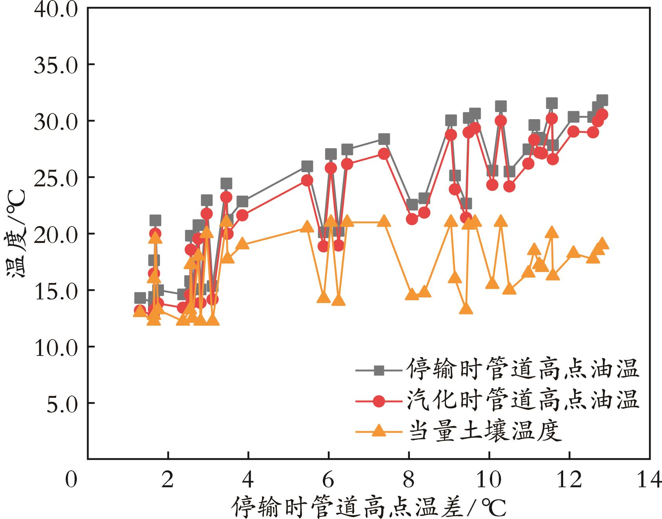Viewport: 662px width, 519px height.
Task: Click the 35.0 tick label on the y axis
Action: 56,64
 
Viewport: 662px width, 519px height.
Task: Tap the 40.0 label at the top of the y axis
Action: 56,8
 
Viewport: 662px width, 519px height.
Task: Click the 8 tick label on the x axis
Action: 409,480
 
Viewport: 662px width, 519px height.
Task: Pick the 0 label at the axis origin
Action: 71,480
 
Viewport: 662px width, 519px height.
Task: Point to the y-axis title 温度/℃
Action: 16,234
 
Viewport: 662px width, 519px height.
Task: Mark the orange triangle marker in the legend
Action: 379,432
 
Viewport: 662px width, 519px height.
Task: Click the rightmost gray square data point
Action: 602,100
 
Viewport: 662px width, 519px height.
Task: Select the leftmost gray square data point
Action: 140,298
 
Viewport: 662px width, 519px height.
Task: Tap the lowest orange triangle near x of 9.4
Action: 466,309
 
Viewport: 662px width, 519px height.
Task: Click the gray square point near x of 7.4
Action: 384,139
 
